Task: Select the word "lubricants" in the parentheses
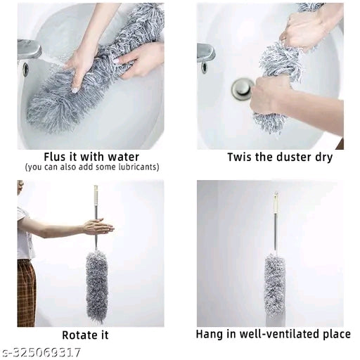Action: [x=135, y=167]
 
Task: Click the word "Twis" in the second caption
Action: [x=239, y=157]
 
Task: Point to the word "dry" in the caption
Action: [x=323, y=157]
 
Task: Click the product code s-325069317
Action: [x=41, y=352]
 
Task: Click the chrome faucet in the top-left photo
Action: [x=30, y=51]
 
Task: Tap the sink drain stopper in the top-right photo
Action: [x=243, y=88]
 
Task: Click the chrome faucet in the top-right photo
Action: [x=206, y=53]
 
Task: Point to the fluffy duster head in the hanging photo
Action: [x=275, y=285]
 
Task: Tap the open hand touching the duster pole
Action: [x=98, y=226]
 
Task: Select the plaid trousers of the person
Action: [x=26, y=292]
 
